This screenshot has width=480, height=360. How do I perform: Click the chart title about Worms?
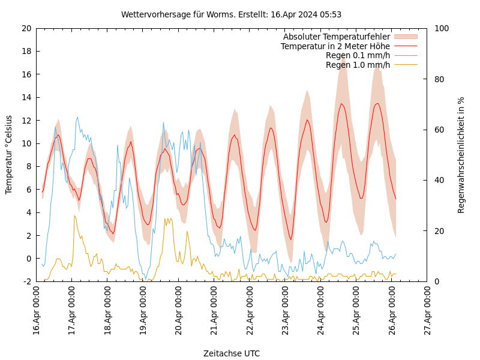(231, 14)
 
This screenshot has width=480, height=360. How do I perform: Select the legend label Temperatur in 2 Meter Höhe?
(335, 46)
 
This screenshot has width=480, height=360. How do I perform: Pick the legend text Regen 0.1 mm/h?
(358, 55)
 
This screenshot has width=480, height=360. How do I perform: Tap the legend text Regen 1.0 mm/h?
(358, 65)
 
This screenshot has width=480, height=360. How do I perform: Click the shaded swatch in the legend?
(405, 37)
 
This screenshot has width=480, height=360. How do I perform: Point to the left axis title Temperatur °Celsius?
(9, 154)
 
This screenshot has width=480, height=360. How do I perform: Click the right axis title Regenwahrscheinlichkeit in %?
(461, 155)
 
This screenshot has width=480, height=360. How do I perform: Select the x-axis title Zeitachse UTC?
(232, 353)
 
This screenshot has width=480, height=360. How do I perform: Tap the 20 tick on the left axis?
(26, 28)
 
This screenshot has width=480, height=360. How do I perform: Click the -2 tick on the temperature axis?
(26, 281)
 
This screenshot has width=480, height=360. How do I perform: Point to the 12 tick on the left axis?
(26, 121)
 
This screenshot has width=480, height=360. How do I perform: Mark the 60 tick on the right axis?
(437, 130)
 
